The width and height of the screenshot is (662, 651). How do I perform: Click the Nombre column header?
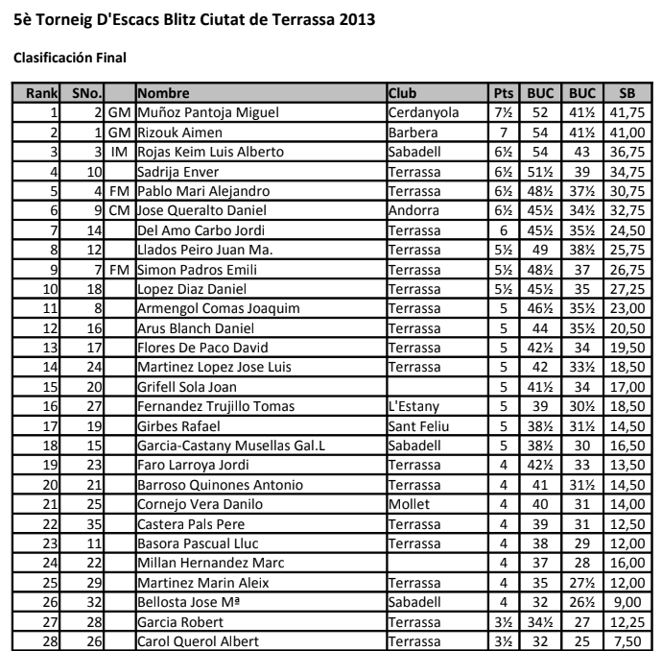[163, 93]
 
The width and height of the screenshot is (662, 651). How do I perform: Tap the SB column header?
[627, 93]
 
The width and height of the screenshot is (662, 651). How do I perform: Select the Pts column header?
[503, 93]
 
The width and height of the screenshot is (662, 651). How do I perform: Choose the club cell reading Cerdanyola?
[422, 113]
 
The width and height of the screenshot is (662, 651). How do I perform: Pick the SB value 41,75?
[627, 113]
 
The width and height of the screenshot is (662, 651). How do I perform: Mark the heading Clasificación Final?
[69, 58]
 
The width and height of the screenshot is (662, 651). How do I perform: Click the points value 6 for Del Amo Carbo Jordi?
[503, 230]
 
